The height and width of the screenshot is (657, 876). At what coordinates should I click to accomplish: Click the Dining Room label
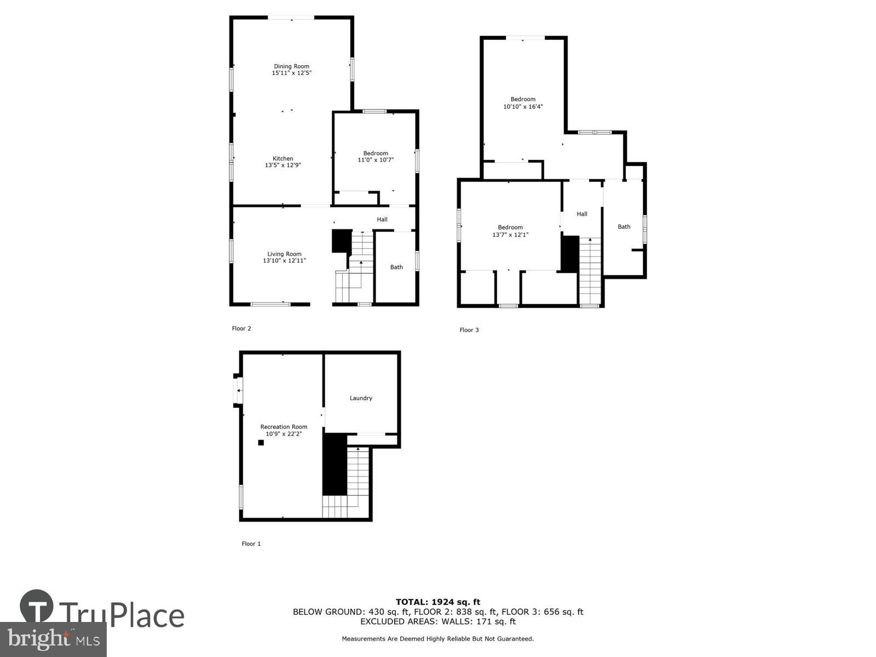pos(291,66)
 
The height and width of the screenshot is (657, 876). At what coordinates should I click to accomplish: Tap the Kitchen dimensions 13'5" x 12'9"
pos(283,165)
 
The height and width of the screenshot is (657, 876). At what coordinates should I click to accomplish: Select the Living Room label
pos(284,253)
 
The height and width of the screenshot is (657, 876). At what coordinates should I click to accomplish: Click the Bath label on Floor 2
pos(396,267)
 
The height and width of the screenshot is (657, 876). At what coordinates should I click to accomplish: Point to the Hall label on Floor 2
pos(382,220)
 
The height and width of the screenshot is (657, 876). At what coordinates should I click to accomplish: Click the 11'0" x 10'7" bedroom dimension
pos(376,160)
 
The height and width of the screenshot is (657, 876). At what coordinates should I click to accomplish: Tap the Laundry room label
pos(361,398)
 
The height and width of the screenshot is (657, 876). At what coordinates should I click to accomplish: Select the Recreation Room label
pos(284,427)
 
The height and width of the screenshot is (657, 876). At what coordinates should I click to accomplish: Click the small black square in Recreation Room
pos(261,442)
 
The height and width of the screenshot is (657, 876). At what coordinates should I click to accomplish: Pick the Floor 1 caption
pos(251,544)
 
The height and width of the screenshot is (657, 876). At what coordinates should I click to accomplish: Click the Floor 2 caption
pos(241,328)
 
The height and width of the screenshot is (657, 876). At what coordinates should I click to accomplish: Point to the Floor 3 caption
pos(469,330)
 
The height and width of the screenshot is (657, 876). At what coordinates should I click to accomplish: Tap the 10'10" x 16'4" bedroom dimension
pos(523,107)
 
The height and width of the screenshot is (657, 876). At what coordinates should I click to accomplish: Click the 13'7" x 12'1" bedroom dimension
pos(510,235)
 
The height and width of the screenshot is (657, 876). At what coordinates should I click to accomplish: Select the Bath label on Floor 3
pos(624,227)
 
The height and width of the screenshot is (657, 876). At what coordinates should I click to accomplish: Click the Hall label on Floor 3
pos(582,214)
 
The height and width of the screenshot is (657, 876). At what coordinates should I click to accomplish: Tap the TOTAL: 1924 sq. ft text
pos(438,602)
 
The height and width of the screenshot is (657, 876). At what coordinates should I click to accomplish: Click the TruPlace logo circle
pos(37,607)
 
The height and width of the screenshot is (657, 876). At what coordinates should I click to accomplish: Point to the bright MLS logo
pos(53,639)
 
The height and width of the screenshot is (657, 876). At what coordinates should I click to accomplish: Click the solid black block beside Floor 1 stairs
pos(335,464)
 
